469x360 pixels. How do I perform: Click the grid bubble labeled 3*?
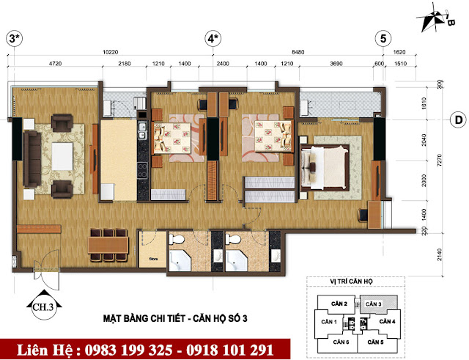12,38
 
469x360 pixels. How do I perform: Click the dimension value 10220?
111,53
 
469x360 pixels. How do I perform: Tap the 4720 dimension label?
51,65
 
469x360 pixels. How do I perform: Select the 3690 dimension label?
336,65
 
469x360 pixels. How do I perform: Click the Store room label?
153,257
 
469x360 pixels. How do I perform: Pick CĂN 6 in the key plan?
339,342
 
